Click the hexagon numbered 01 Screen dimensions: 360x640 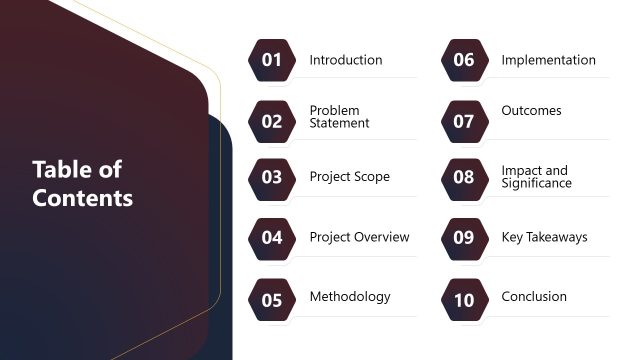coord(272,60)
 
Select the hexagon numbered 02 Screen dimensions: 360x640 coord(272,121)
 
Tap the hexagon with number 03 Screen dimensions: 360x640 coord(272,178)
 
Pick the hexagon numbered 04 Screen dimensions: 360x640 coord(272,238)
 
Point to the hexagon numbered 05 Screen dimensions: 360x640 coord(272,298)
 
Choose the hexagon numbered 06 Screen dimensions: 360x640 coord(464,60)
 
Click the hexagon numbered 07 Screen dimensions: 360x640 coord(464,121)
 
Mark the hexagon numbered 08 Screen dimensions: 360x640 coord(464,178)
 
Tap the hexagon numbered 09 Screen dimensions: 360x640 coord(464,238)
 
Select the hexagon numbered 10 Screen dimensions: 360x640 coord(464,298)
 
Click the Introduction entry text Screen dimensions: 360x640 coord(346,60)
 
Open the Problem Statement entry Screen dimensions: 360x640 coord(339,117)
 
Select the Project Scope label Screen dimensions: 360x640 coord(349,177)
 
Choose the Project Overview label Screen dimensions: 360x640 coord(359,237)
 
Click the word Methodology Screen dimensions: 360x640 coord(350,297)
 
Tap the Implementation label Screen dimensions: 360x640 coord(548,60)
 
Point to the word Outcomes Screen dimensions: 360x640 coord(531,111)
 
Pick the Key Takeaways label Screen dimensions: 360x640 coord(544,237)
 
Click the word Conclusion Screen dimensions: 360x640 coord(534,297)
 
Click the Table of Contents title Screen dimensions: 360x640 coord(82,183)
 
